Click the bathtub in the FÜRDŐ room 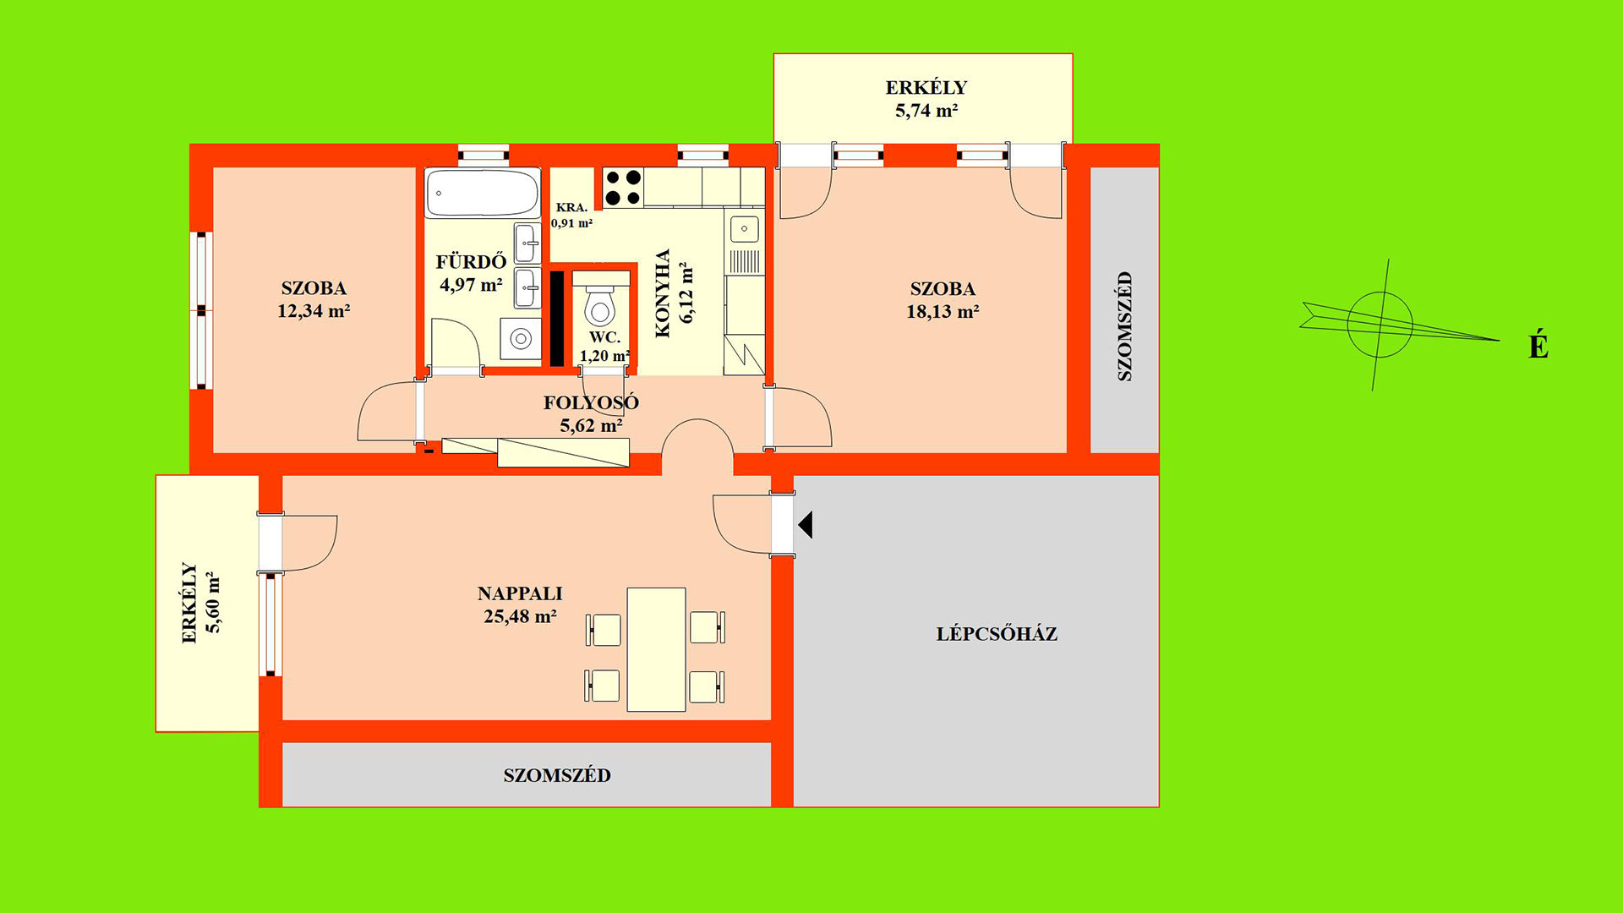click(482, 193)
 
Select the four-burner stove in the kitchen click(623, 188)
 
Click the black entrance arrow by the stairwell click(806, 525)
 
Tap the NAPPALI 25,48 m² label click(520, 605)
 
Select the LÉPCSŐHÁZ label click(997, 634)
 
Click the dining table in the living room click(656, 649)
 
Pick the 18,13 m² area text click(943, 312)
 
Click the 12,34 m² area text click(314, 311)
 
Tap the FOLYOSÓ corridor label click(591, 403)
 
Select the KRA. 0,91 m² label click(571, 216)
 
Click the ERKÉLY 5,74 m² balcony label click(926, 99)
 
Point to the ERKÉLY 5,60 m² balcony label click(201, 603)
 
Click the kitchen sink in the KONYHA click(745, 228)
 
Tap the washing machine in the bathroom click(520, 339)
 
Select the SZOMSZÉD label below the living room click(557, 776)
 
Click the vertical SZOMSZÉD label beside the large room click(1124, 326)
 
